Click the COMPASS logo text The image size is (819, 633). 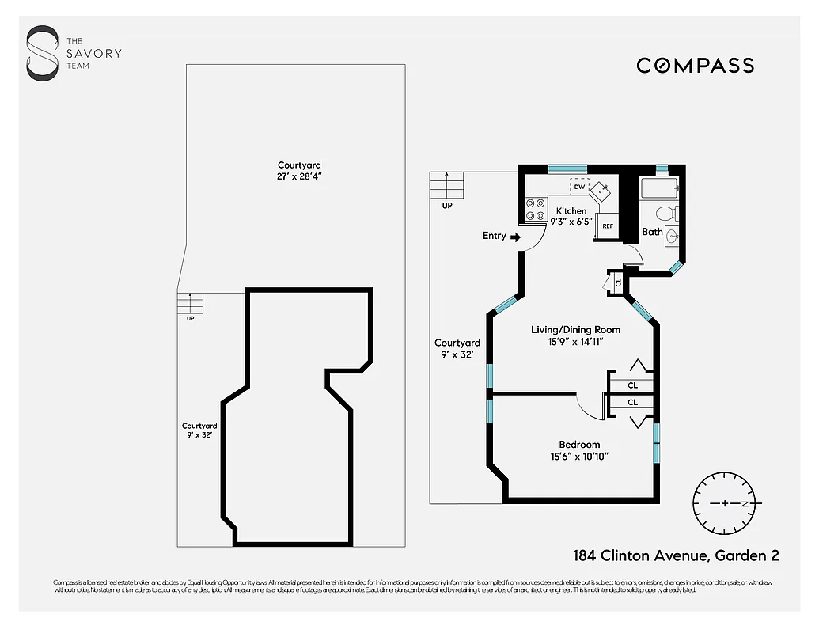click(695, 66)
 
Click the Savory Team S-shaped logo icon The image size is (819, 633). click(42, 53)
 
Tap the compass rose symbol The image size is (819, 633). click(725, 503)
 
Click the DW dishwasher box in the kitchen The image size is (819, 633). click(579, 187)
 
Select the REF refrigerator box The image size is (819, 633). click(608, 226)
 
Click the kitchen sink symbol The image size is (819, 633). click(602, 190)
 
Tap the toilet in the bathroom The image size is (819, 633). click(665, 213)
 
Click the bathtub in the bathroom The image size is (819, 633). click(658, 188)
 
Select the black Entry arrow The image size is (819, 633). click(515, 236)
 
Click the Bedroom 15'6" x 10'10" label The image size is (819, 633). click(579, 450)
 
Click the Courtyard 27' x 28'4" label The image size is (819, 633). click(294, 171)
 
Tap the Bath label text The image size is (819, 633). click(652, 232)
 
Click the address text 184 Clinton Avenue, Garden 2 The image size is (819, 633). click(676, 555)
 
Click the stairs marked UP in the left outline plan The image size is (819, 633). click(190, 303)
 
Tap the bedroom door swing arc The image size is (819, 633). click(587, 406)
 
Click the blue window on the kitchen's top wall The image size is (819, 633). click(563, 168)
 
